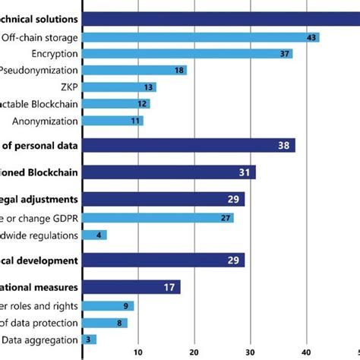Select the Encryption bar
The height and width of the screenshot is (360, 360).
click(186, 54)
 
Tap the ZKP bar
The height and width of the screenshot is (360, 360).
click(118, 87)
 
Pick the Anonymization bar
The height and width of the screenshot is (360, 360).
click(112, 120)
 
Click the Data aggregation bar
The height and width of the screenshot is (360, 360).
click(89, 339)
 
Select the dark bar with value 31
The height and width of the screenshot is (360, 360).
click(168, 172)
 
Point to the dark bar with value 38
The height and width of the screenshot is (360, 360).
click(188, 145)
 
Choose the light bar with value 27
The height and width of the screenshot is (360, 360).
click(157, 218)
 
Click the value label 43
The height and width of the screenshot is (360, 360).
click(311, 37)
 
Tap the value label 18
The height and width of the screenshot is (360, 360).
click(179, 71)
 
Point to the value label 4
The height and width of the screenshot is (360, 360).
click(99, 235)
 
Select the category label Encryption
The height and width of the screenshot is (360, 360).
click(55, 54)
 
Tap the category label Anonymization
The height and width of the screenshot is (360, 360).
click(45, 120)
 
